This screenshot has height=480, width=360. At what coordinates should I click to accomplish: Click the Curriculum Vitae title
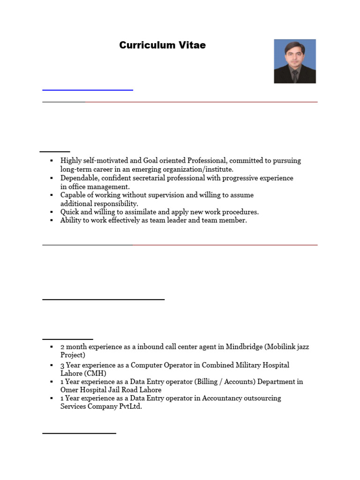pyautogui.click(x=162, y=45)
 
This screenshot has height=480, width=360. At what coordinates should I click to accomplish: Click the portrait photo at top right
pyautogui.click(x=294, y=61)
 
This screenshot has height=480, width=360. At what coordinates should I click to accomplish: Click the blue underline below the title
pyautogui.click(x=88, y=90)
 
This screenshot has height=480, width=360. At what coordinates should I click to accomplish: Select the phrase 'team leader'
pyautogui.click(x=174, y=220)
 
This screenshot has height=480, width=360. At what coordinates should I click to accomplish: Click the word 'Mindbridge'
pyautogui.click(x=244, y=347)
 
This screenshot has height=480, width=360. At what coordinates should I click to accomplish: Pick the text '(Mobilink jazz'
pyautogui.click(x=287, y=347)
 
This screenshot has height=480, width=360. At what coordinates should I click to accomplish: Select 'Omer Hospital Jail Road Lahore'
pyautogui.click(x=111, y=390)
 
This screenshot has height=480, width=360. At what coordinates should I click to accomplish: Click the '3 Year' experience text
pyautogui.click(x=71, y=365)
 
